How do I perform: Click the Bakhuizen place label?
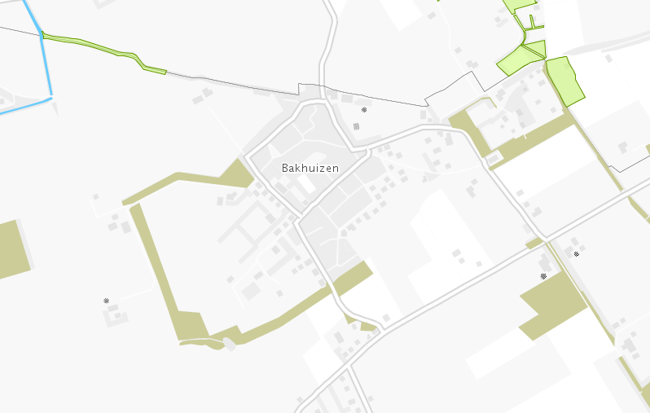point(310,168)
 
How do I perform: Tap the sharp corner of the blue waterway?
point(51,98)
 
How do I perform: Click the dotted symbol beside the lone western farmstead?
point(106,301)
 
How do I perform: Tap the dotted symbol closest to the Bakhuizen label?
point(364,108)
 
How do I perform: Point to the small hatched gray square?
point(356,126)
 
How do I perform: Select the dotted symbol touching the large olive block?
point(543,276)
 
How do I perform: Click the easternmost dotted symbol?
point(577,254)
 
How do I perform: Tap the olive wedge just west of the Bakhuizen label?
point(237,174)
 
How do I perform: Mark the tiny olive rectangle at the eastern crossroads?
point(534,243)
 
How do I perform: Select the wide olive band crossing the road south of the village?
point(352,279)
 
